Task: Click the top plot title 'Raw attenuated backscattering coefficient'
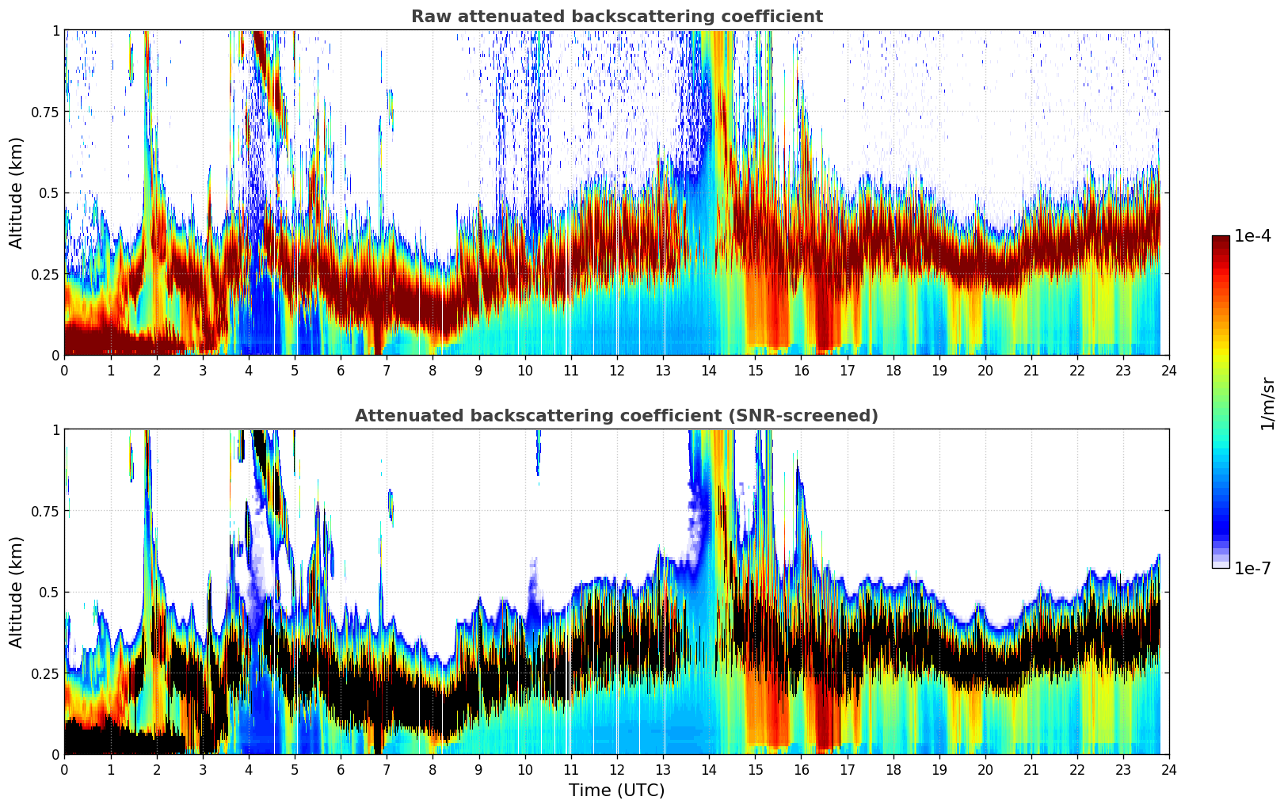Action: [x=616, y=17]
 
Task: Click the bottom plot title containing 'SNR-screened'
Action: [x=616, y=416]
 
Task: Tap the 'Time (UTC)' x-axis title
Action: [x=616, y=791]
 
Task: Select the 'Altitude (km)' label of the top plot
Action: [x=16, y=192]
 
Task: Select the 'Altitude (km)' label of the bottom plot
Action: [x=16, y=592]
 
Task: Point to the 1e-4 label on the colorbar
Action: [x=1252, y=236]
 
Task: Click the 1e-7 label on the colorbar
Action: [x=1252, y=568]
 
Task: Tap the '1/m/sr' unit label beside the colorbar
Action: [x=1267, y=403]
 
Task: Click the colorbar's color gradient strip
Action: [x=1220, y=402]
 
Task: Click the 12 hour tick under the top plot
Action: [x=617, y=370]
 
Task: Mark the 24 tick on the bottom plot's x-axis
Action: [x=1169, y=769]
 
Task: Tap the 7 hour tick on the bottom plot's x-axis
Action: [x=387, y=769]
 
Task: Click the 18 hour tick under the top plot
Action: [x=893, y=370]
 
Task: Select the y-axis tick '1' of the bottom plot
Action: [x=55, y=429]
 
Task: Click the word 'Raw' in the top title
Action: [x=428, y=17]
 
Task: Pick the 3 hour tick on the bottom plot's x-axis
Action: [x=203, y=769]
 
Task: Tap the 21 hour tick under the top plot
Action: [x=1031, y=370]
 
